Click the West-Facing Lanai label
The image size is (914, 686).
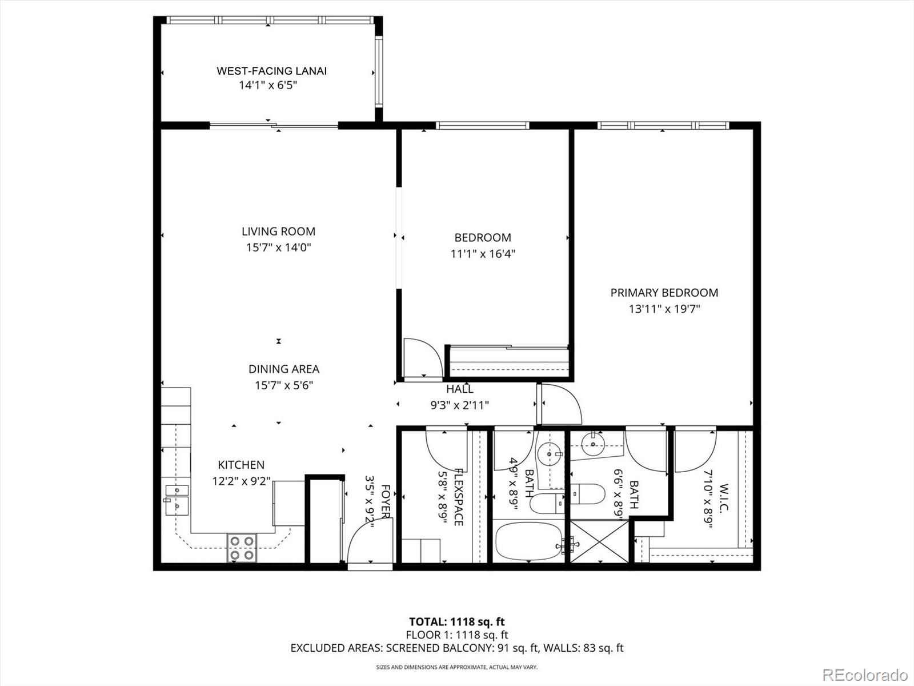tap(271, 71)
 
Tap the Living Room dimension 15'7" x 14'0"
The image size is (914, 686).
tap(278, 248)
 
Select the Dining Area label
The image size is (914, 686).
tap(283, 369)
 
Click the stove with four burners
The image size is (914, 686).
tap(242, 548)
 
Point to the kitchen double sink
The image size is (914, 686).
tap(177, 500)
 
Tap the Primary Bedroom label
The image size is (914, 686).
tap(664, 293)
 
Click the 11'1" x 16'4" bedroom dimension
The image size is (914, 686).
tap(483, 254)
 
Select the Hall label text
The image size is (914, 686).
tap(460, 389)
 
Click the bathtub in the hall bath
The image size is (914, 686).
tap(529, 541)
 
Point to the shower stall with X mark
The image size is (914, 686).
tap(599, 541)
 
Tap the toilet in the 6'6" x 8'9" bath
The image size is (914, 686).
tap(588, 494)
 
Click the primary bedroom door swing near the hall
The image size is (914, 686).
tap(560, 404)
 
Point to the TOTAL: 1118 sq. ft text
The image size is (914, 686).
tap(457, 622)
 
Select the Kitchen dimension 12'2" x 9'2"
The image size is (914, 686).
tap(241, 481)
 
